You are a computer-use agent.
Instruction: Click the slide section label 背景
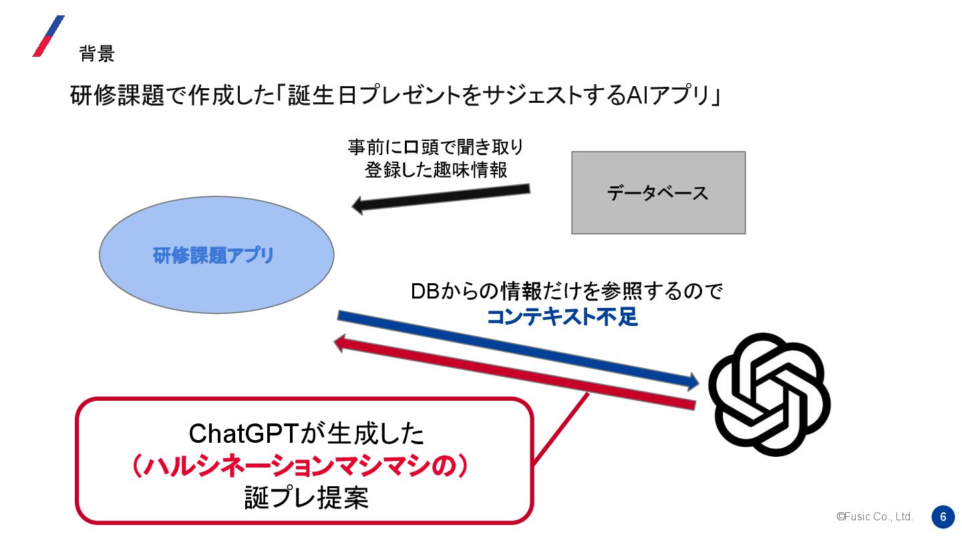[97, 53]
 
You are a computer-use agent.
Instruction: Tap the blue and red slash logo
[48, 36]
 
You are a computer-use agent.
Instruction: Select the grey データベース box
[658, 193]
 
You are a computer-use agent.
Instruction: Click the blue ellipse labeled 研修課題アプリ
[216, 255]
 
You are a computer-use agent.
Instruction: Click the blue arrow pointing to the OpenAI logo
[518, 349]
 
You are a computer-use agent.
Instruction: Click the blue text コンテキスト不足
[562, 317]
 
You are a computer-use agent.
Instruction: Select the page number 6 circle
[943, 517]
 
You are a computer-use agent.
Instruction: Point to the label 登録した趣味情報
[436, 170]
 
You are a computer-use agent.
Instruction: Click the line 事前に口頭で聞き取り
[436, 146]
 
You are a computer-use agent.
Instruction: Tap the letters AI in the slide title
[635, 96]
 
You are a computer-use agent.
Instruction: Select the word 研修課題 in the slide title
[117, 96]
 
